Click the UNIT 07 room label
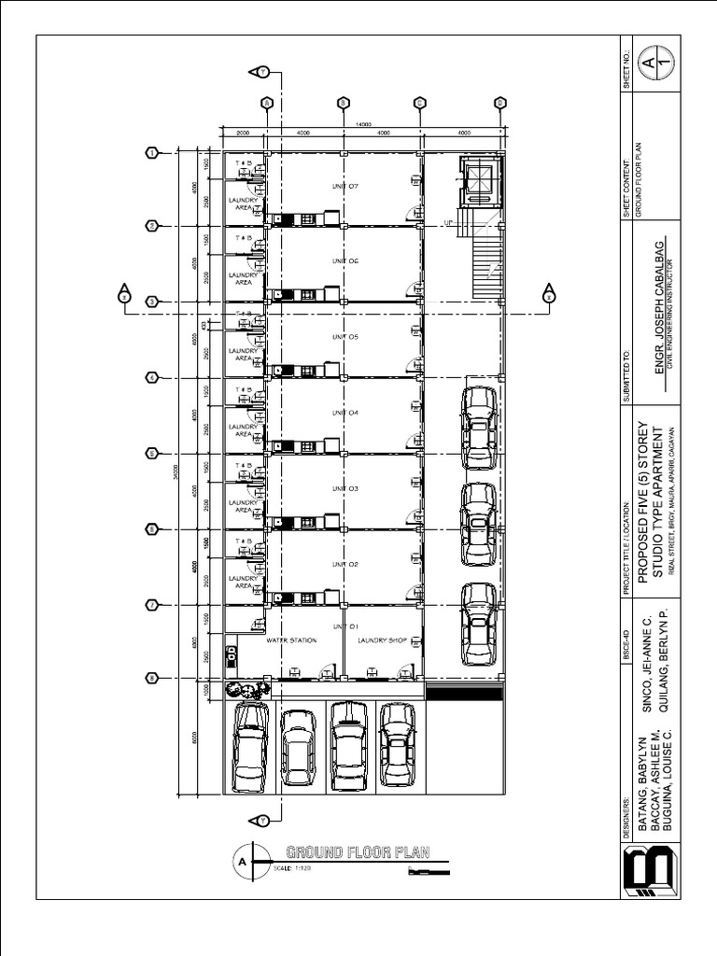click(x=345, y=186)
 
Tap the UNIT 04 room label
click(x=345, y=413)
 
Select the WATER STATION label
click(x=291, y=640)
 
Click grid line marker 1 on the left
click(x=151, y=153)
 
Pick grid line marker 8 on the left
click(x=151, y=678)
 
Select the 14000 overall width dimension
click(x=364, y=124)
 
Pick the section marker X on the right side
click(x=549, y=295)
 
